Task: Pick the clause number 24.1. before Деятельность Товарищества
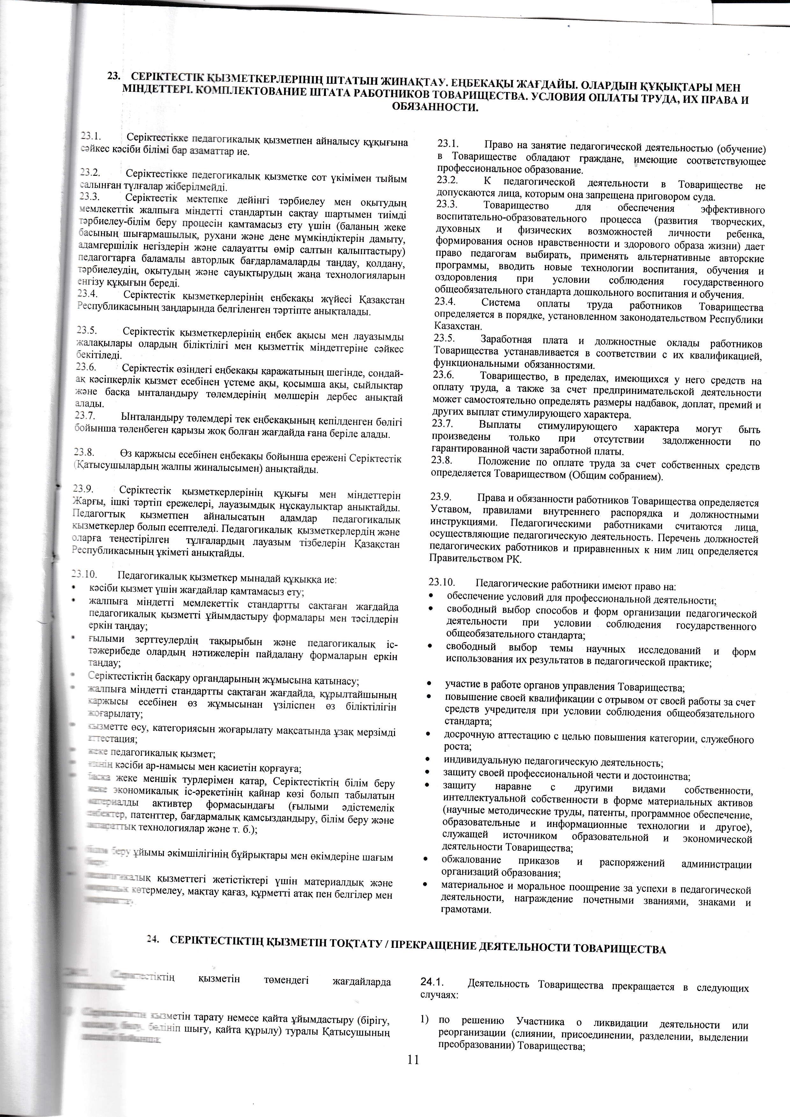[433, 983]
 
